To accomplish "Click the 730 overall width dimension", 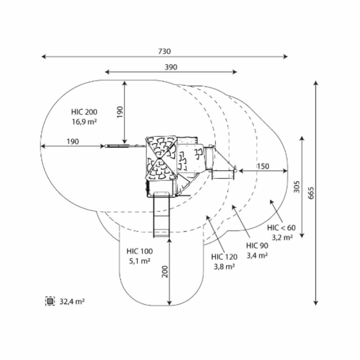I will (x=164, y=52).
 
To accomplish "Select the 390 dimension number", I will (x=171, y=67).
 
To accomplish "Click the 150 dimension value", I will (x=263, y=166).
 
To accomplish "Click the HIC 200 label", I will (x=84, y=112).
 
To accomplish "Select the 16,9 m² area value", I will (x=84, y=122).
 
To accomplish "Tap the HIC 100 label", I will (x=140, y=252).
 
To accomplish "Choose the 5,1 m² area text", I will (x=140, y=261).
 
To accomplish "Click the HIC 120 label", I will (x=224, y=257).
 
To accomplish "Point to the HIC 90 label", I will (x=257, y=246).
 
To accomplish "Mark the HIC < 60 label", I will (x=282, y=228).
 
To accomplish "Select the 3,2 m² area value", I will (x=282, y=237).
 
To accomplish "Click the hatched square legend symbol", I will (x=50, y=301).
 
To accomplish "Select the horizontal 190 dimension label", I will (x=72, y=142).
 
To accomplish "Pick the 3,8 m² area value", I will (x=224, y=266).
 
